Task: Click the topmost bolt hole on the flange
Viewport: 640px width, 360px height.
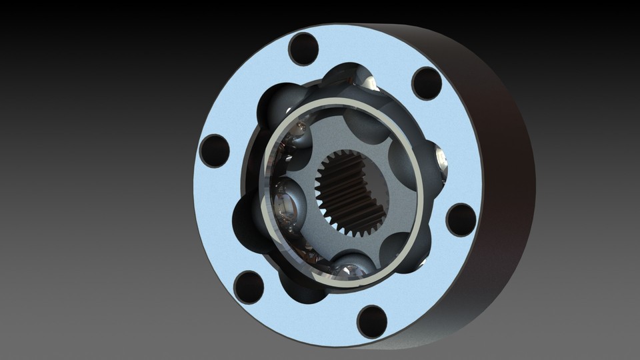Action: pyautogui.click(x=304, y=49)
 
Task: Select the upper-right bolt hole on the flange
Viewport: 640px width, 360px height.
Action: pyautogui.click(x=427, y=83)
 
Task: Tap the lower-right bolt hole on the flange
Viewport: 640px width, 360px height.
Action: pyautogui.click(x=461, y=220)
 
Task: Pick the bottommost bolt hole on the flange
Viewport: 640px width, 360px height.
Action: pyautogui.click(x=372, y=321)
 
